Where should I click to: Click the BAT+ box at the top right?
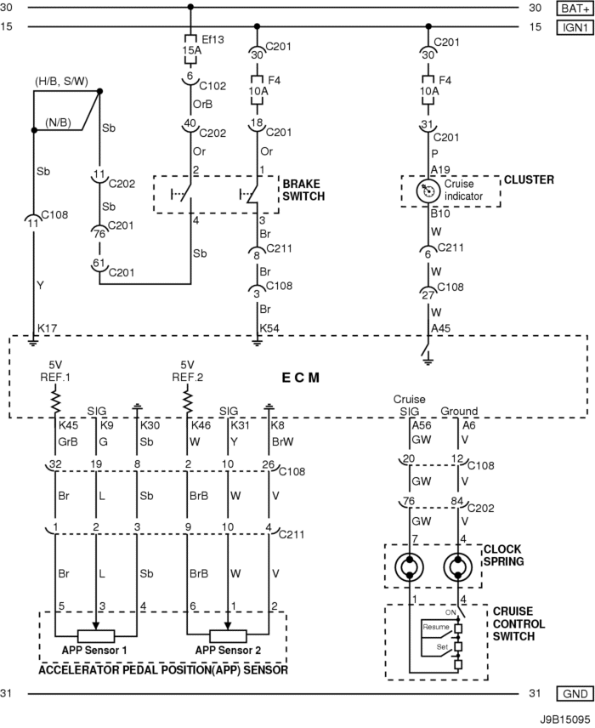(575, 9)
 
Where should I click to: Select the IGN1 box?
(575, 27)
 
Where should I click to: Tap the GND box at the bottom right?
(575, 694)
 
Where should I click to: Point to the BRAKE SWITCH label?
(303, 190)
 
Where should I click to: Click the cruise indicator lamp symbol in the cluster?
(428, 191)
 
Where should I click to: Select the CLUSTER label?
(529, 179)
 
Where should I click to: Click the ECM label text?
(301, 378)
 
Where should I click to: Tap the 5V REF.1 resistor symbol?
(55, 401)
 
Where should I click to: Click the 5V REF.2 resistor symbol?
(188, 401)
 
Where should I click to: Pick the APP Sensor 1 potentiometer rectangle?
(96, 635)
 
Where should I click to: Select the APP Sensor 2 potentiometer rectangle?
(228, 635)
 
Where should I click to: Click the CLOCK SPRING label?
(503, 555)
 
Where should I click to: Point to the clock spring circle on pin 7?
(410, 567)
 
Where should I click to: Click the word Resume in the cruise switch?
(436, 627)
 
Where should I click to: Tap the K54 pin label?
(269, 328)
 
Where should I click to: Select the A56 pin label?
(422, 425)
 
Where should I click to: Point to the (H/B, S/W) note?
(61, 82)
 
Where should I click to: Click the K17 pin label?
(47, 328)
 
